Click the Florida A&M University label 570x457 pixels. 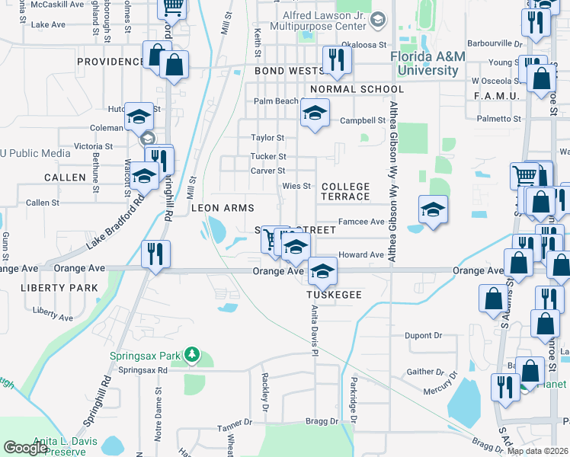pos(425,64)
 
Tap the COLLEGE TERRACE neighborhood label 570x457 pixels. pos(345,191)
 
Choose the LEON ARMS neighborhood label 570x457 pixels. pos(222,207)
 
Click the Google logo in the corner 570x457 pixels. pos(26,448)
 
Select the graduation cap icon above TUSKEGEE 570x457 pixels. pos(322,271)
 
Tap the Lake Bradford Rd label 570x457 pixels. pos(114,222)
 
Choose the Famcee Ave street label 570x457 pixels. pos(361,222)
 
